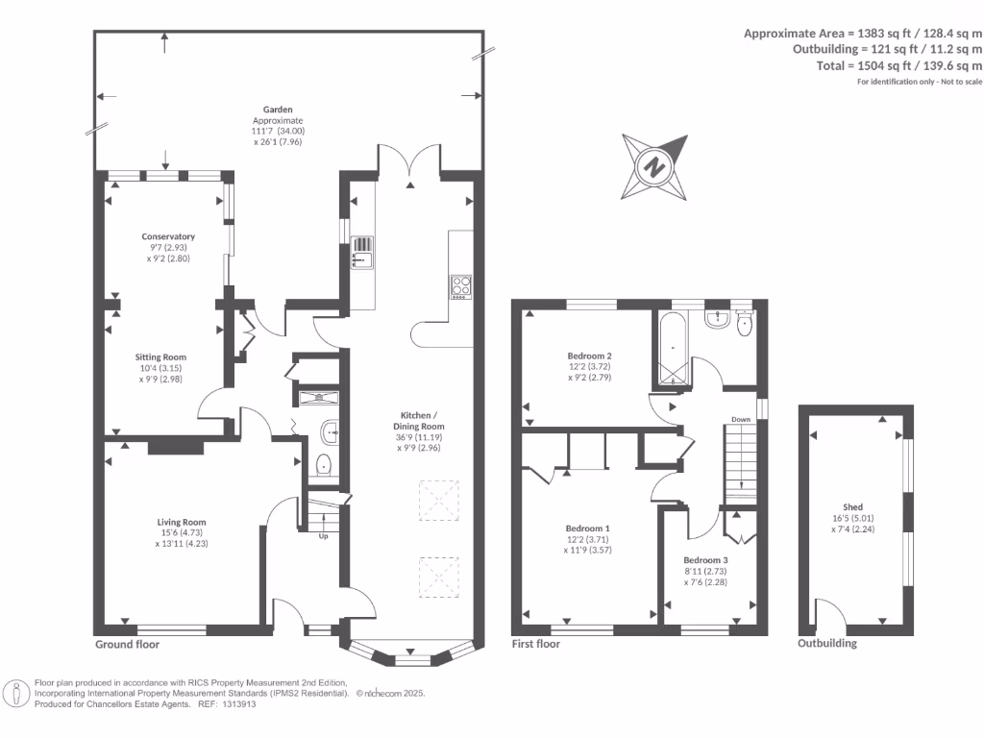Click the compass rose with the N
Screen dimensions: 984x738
[x=654, y=167]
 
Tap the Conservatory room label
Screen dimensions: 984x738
[x=168, y=236]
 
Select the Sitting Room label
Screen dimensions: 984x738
[x=160, y=357]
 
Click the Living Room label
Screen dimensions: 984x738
[x=182, y=522]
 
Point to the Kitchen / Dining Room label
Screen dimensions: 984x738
[x=419, y=421]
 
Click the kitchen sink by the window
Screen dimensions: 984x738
[x=361, y=253]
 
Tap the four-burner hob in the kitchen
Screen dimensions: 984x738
[x=461, y=286]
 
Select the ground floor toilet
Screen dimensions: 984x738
[x=324, y=465]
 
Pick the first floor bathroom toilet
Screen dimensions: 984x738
[x=745, y=322]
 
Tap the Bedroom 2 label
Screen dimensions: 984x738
[x=589, y=356]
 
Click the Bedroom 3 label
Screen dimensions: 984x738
[x=706, y=560]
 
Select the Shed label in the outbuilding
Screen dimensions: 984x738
[x=853, y=507]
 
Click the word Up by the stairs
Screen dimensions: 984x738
[x=323, y=536]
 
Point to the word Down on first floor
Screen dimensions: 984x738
[x=741, y=419]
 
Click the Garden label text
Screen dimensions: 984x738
[x=278, y=110]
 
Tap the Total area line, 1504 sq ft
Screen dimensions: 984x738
[x=899, y=65]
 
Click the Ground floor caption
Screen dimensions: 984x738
[x=128, y=644]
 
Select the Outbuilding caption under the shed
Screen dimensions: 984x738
[x=827, y=643]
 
